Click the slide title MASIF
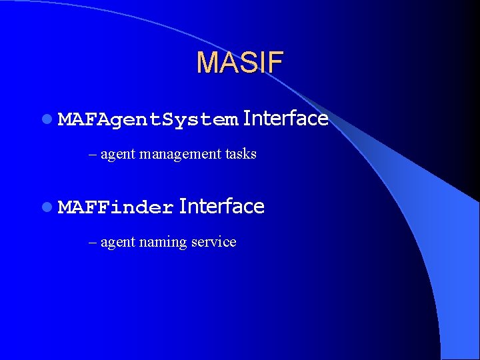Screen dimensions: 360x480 (240, 63)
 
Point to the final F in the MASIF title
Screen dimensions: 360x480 (276, 63)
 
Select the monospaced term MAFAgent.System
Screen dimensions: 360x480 (148, 120)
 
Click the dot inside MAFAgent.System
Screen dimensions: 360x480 (159, 124)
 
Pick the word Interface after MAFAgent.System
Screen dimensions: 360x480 (285, 119)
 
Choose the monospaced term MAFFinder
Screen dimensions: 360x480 (116, 208)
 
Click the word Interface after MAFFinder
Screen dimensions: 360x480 (222, 207)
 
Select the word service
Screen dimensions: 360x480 (213, 242)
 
